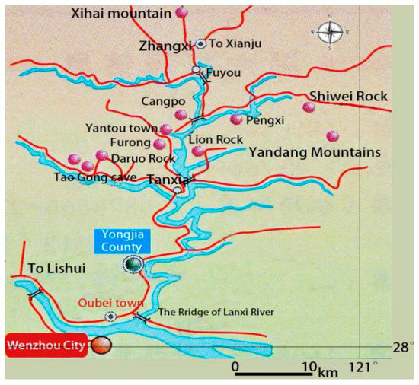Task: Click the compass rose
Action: pyautogui.click(x=330, y=33)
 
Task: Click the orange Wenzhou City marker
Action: pyautogui.click(x=101, y=346)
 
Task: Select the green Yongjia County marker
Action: pyautogui.click(x=133, y=264)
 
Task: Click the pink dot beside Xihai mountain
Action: pyautogui.click(x=181, y=12)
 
